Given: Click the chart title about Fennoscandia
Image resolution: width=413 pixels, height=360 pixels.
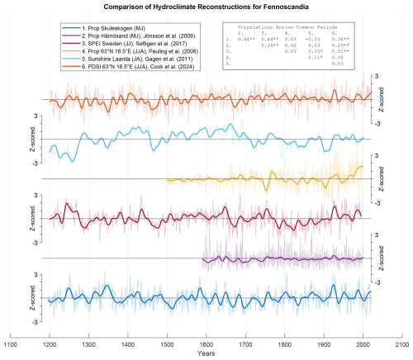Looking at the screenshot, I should point(206,7).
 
